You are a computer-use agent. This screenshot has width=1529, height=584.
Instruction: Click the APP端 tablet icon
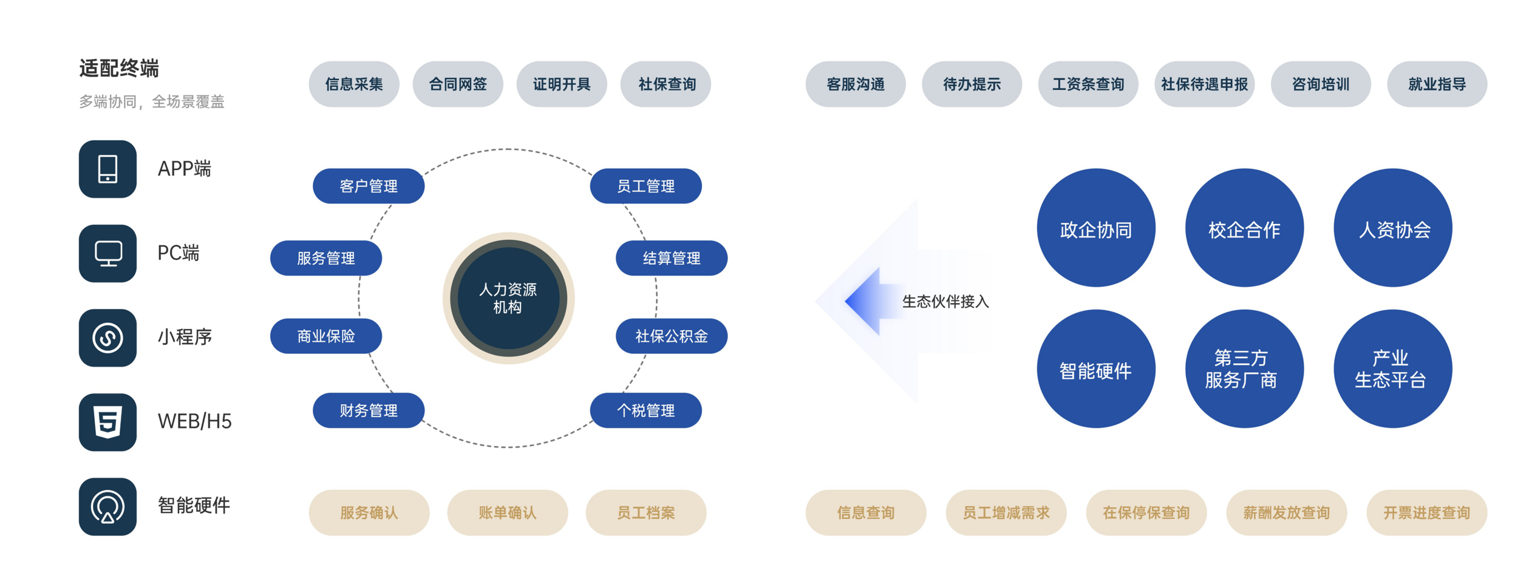coord(107,169)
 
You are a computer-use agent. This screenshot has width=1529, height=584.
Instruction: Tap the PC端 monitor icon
coord(107,253)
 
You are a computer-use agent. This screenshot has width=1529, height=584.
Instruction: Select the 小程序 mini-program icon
coord(107,338)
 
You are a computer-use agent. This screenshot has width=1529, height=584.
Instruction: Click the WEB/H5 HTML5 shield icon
coord(107,422)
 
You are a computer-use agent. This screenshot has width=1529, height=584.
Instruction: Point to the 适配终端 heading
coord(119,68)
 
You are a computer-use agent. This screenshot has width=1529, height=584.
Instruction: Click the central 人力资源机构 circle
coord(508,298)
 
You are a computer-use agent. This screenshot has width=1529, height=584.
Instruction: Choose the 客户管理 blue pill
coord(368,186)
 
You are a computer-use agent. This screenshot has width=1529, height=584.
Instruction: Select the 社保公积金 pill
coord(671,336)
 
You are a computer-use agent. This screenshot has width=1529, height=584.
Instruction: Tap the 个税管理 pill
coord(645,410)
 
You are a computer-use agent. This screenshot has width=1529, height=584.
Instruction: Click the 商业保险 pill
coord(325,336)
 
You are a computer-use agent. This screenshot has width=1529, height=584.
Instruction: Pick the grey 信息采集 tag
coord(354,84)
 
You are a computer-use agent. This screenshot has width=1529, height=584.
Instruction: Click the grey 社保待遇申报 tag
coord(1204,84)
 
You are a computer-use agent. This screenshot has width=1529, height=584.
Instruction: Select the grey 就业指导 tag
coord(1437,84)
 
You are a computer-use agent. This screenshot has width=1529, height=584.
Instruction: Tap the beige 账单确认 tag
coord(507,512)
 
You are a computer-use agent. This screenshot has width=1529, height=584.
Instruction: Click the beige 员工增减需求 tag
coord(1006,512)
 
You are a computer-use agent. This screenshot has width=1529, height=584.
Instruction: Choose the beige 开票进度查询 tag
coord(1426,512)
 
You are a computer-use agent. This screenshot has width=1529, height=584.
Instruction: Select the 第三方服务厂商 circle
coord(1244,368)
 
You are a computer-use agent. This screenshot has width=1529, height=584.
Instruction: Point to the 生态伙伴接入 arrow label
coord(945,301)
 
